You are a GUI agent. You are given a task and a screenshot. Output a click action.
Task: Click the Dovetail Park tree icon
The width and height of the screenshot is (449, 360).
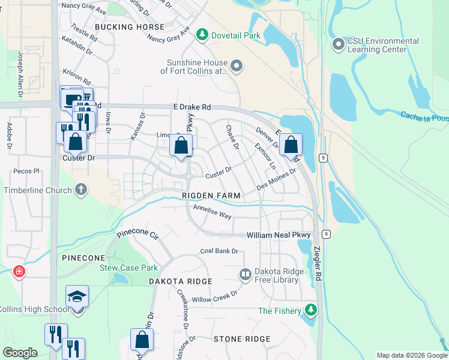coord(202,35)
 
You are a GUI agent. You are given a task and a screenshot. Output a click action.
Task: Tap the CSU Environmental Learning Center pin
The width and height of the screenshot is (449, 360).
coord(338,45)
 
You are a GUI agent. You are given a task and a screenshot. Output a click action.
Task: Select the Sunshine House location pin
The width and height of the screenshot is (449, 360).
coord(236,66)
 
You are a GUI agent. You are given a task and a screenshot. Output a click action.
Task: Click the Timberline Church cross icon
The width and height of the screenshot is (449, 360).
coord(80,190)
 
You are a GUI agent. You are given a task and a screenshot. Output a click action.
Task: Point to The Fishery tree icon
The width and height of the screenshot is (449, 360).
coord(310,310)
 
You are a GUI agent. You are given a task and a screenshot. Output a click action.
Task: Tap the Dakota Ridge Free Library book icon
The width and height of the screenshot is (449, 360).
coord(245,275)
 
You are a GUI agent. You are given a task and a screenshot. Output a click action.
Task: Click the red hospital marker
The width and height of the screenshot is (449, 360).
coord(19,272)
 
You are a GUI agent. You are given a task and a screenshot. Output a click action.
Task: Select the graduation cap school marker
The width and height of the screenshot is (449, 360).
coord(77,297)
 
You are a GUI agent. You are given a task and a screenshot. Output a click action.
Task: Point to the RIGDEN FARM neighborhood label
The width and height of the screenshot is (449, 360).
coord(211,196)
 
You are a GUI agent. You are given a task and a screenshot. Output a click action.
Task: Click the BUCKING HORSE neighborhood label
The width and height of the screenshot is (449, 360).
coord(129,27)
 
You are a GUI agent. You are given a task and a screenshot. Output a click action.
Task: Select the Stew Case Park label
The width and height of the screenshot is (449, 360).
coord(128,268)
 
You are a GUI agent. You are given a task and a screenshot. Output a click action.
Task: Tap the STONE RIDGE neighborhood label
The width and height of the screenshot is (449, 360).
coord(243,339)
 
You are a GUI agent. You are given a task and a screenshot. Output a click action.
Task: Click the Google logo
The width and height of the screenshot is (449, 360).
coord(20,352)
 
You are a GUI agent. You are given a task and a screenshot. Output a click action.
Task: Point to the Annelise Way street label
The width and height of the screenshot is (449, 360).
coord(212,212)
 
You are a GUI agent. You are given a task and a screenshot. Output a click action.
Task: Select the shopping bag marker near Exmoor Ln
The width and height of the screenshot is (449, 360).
coord(291,145)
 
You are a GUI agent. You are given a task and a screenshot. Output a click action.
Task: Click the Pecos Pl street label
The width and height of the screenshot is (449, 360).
coord(28,171)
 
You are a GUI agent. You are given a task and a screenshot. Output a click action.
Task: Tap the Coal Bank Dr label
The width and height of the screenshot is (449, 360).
coord(219,251)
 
